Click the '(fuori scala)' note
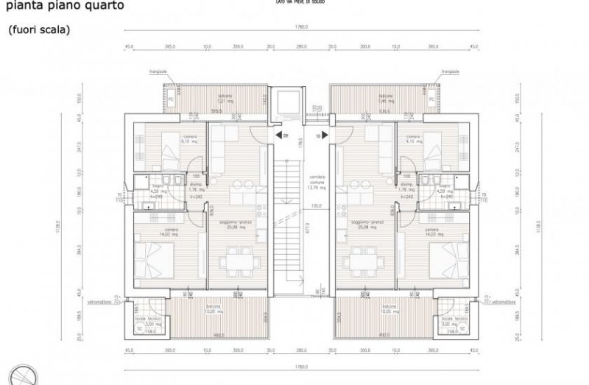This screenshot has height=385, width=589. (x=39, y=30)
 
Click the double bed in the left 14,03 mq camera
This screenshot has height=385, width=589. (x=157, y=259)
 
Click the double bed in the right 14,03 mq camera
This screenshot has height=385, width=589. (x=442, y=259)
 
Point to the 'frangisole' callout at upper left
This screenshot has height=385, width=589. (x=157, y=71)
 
